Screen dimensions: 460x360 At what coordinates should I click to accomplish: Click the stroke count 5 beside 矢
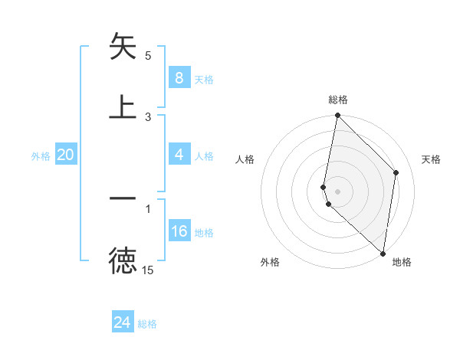click(x=148, y=56)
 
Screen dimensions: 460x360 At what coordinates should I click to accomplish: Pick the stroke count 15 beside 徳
click(x=148, y=270)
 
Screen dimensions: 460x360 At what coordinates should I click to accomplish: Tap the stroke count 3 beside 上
click(x=148, y=116)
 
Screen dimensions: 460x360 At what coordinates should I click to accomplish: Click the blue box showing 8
click(x=179, y=77)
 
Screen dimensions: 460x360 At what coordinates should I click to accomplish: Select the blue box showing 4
click(x=179, y=155)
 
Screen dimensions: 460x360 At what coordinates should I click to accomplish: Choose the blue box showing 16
click(x=179, y=231)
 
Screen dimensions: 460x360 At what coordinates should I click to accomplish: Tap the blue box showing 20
click(x=66, y=155)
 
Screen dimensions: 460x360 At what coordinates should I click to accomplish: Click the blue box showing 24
click(x=123, y=322)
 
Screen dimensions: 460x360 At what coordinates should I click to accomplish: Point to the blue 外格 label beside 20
click(x=41, y=156)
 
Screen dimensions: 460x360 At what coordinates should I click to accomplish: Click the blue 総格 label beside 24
click(x=147, y=324)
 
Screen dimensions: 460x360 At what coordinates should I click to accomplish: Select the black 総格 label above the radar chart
click(x=338, y=100)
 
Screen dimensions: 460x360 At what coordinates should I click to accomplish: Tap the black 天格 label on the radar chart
click(x=432, y=159)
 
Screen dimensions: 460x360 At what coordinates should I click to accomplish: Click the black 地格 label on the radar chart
click(x=402, y=262)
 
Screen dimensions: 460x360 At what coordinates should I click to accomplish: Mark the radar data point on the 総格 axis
click(x=337, y=116)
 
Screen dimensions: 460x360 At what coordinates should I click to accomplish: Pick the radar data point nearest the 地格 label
click(x=383, y=254)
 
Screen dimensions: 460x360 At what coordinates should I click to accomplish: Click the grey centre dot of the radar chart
click(x=337, y=191)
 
